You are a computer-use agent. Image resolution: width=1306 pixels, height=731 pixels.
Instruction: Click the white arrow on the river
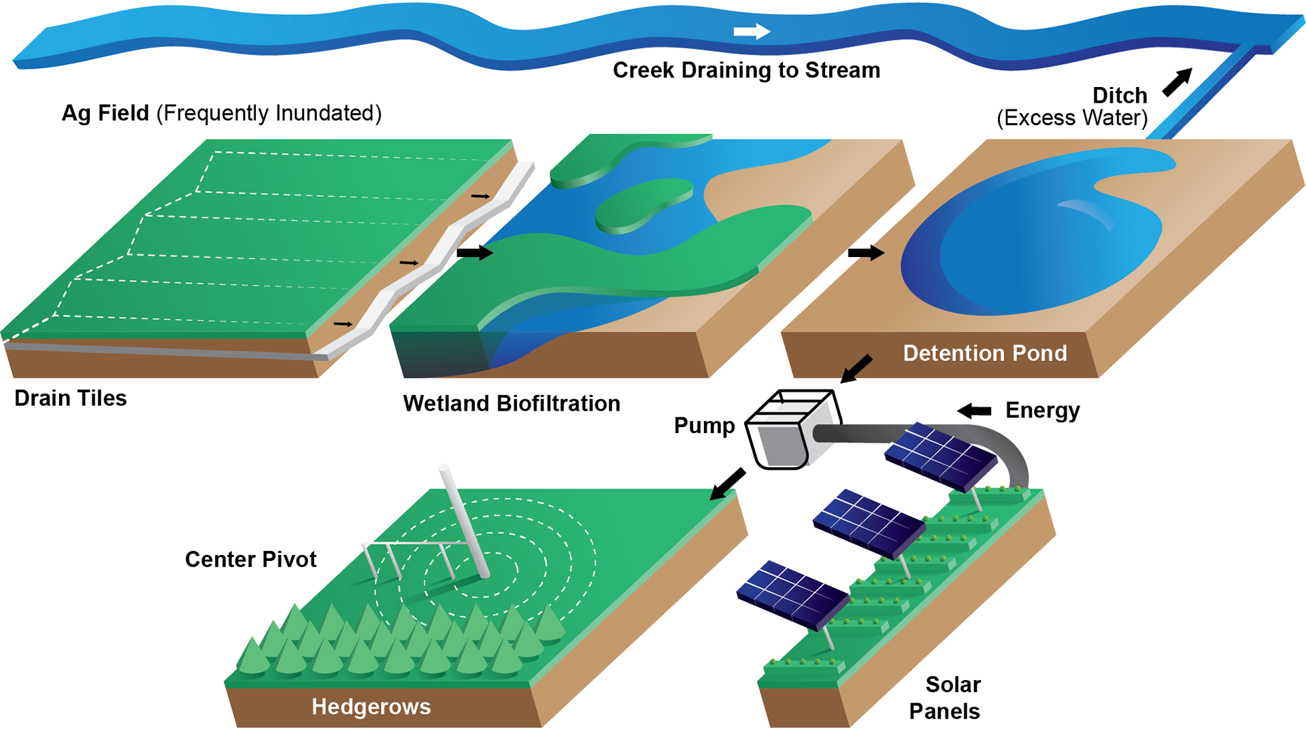(752, 31)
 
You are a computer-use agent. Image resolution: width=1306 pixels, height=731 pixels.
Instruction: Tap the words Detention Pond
(984, 353)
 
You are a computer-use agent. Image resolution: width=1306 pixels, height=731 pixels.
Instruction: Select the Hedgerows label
(371, 707)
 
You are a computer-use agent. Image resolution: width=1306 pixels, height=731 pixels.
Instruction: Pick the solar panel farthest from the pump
(792, 594)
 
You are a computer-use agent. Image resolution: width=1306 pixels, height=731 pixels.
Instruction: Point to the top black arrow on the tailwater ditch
(480, 197)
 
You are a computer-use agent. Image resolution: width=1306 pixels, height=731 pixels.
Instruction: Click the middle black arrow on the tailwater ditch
(409, 262)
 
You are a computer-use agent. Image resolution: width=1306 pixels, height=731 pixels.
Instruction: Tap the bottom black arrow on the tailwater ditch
(343, 324)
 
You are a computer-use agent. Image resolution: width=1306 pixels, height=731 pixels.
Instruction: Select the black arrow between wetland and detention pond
(873, 253)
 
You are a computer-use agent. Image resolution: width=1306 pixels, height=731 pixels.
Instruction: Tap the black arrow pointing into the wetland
(483, 252)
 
